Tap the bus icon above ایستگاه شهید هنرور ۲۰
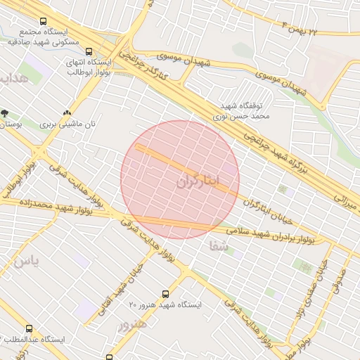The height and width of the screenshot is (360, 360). pos(166,294)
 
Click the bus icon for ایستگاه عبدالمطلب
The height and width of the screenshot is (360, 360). pos(29,328)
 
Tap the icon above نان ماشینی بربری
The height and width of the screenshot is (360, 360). pos(67,112)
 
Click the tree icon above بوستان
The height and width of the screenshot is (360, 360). pos(5,112)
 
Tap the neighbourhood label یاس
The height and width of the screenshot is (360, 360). pos(23,262)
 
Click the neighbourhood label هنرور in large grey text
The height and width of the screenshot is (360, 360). pos(133,325)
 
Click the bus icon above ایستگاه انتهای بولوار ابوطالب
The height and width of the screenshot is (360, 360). pos(89,51)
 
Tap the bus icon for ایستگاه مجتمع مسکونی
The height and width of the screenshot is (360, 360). pos(44,22)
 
